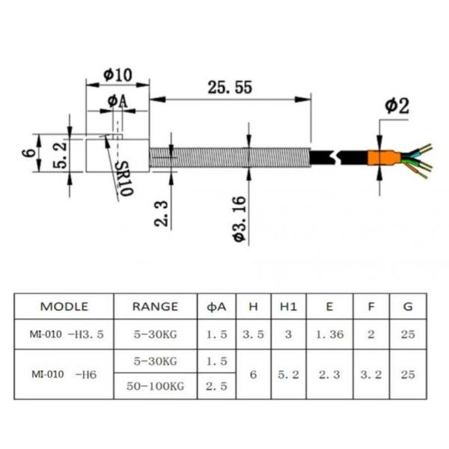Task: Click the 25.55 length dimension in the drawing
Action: (x=229, y=87)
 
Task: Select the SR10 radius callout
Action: (x=124, y=179)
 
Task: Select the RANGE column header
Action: (x=155, y=306)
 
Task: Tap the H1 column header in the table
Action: (x=288, y=306)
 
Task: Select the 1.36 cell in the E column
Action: (x=329, y=335)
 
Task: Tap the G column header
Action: (x=407, y=306)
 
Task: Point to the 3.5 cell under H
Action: (x=253, y=335)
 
